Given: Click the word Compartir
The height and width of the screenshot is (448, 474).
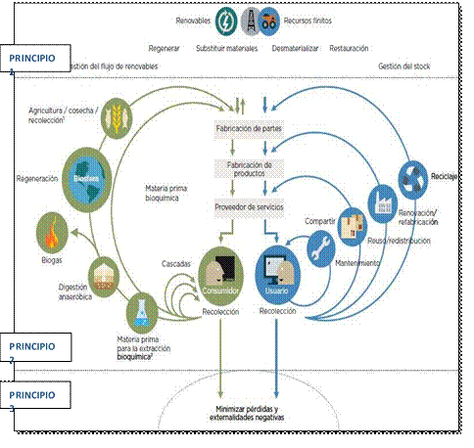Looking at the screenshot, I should tap(321, 220).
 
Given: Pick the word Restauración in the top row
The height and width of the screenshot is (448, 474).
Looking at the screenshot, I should tap(350, 47).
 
